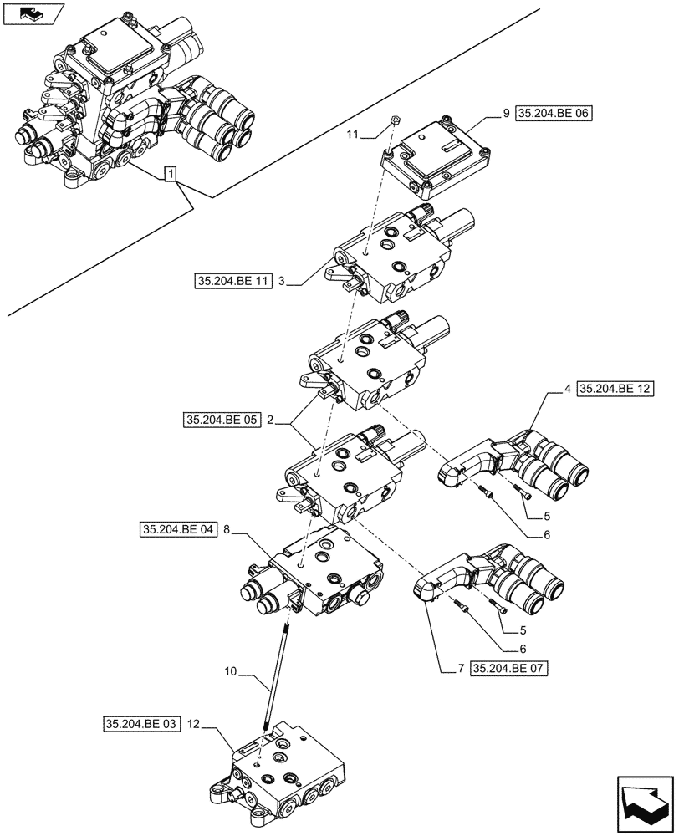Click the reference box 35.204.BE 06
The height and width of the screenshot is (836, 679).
pos(554,115)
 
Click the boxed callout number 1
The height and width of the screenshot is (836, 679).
pos(171,174)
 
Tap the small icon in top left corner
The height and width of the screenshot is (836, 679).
pos(33,13)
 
